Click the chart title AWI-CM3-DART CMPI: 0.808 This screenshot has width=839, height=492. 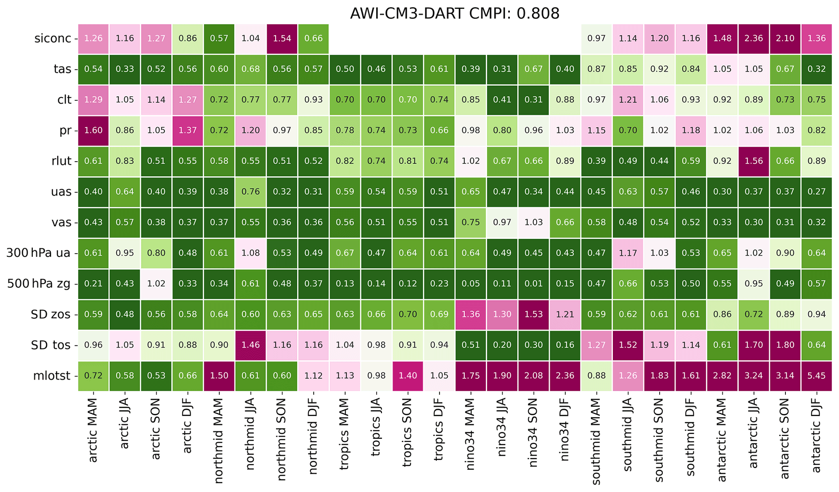454,13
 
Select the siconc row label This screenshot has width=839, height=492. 53,39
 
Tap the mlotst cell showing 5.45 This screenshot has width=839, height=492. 816,376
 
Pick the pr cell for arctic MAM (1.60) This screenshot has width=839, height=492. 93,130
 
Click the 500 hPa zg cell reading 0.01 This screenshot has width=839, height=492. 533,284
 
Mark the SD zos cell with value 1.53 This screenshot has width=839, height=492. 533,314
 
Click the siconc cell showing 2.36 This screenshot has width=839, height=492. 753,39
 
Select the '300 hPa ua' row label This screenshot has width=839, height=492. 39,253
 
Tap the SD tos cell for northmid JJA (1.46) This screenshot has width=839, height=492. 250,345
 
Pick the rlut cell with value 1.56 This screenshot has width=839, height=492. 753,161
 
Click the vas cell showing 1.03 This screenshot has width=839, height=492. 533,222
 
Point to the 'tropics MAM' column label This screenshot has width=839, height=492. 345,434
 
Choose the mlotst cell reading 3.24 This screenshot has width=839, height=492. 753,376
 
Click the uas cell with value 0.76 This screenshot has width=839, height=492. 250,192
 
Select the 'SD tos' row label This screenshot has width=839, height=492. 51,345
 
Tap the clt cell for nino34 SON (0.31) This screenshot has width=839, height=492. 533,100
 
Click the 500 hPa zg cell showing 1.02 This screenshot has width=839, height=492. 156,284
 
